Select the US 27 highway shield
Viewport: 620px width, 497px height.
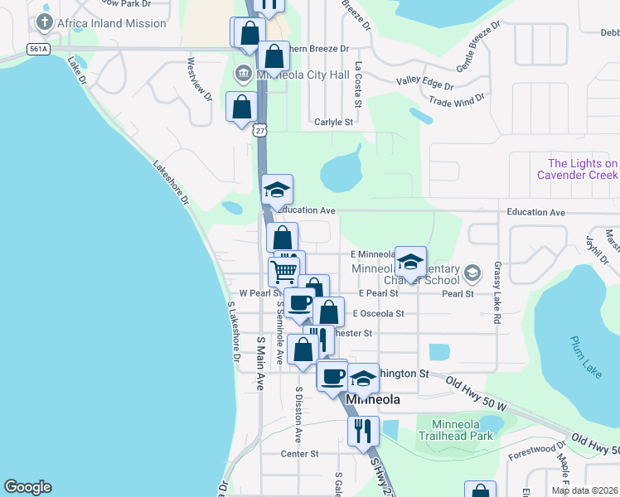[x=261, y=130]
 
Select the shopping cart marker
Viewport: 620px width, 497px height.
[x=284, y=271]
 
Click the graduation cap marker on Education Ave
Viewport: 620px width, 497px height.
[x=277, y=191]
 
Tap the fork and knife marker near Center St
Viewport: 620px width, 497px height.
[x=363, y=431]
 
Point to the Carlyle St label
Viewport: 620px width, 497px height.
[x=334, y=122]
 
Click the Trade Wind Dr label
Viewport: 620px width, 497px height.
[x=456, y=101]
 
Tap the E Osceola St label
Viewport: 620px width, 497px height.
[x=377, y=314]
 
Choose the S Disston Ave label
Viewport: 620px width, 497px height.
[x=298, y=413]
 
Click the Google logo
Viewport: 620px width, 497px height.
[x=27, y=487]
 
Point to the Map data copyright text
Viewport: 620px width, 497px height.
[x=584, y=490]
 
